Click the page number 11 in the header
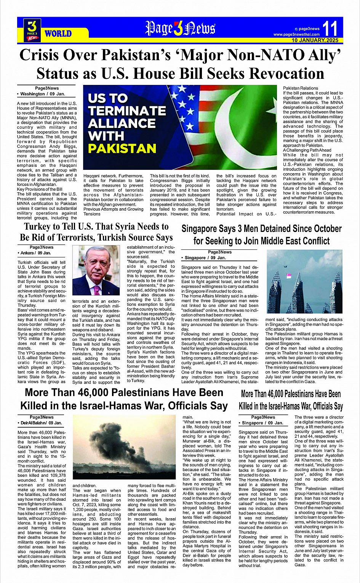[x=330, y=28]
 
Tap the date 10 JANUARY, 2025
[x=315, y=40]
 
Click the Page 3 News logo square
[x=32, y=30]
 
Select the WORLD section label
[x=58, y=34]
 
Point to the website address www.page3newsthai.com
[x=296, y=34]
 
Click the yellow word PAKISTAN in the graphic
[x=122, y=148]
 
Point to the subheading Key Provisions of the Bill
[x=40, y=189]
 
